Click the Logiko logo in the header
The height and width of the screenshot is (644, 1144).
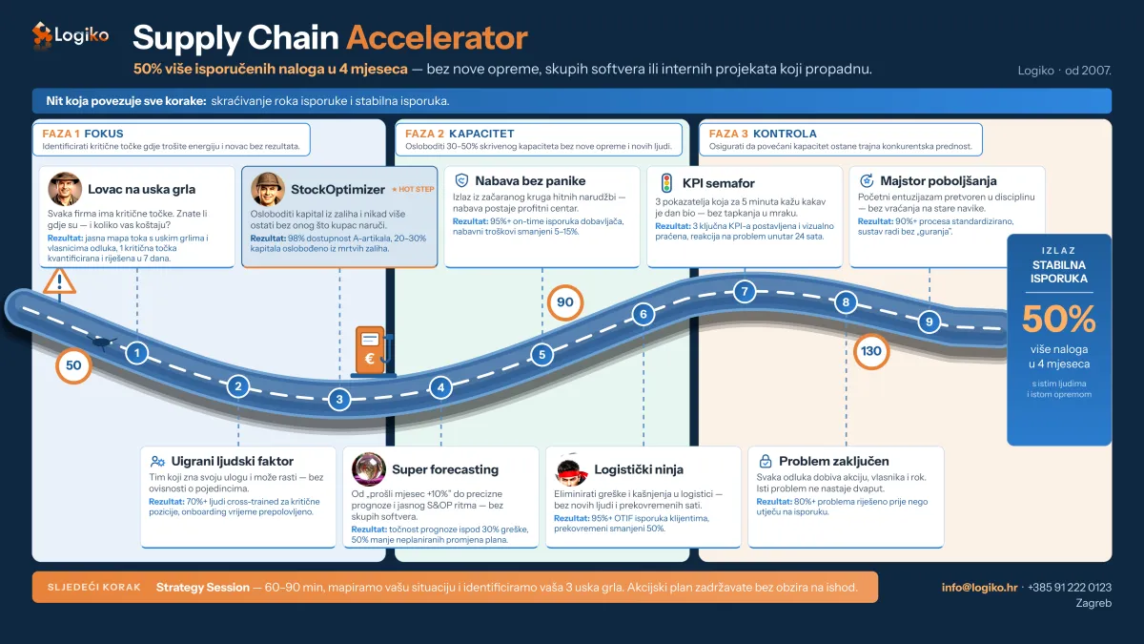pos(71,35)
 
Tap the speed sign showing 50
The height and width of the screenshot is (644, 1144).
pos(73,365)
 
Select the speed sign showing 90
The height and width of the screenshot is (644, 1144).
pos(564,302)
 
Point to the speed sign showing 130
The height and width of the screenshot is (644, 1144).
pos(870,351)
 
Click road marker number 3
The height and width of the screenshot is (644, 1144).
pos(339,399)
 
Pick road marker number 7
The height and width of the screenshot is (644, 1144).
pos(745,291)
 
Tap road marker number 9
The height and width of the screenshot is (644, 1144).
pos(929,322)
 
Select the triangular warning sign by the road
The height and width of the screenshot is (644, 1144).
pos(59,281)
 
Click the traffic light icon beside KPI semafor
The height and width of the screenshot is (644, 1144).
pos(666,183)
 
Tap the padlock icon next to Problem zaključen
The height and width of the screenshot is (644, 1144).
pos(765,461)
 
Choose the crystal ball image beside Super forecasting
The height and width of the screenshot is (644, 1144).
pos(369,468)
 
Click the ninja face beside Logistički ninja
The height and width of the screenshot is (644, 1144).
pos(571,469)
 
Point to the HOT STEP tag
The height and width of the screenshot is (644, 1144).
pos(413,189)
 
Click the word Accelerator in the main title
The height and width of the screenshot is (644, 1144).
pos(438,38)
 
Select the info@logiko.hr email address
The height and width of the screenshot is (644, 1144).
pos(980,588)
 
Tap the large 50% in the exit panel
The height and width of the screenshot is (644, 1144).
pos(1059,319)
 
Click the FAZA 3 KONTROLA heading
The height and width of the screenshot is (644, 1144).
pos(763,134)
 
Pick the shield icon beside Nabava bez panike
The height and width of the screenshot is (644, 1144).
pos(461,180)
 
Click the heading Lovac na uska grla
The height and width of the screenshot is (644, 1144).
pos(141,189)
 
